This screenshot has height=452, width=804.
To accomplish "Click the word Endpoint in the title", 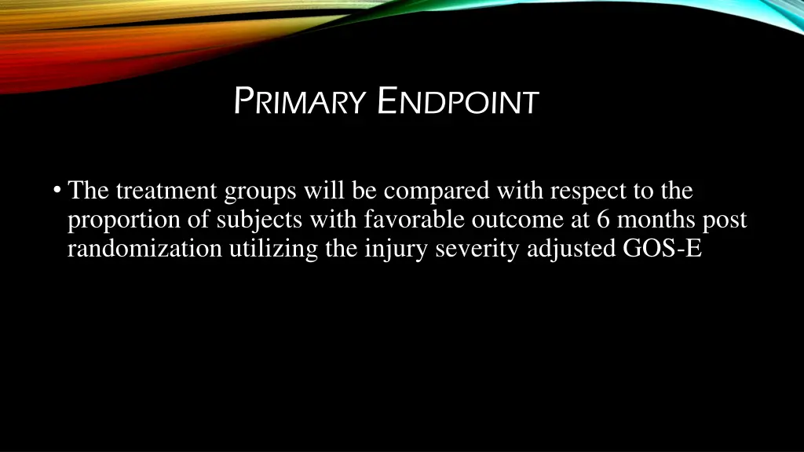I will point(458,102).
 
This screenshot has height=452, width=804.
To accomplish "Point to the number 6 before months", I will point(603,221).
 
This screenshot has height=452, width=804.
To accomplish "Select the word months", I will point(656,221).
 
